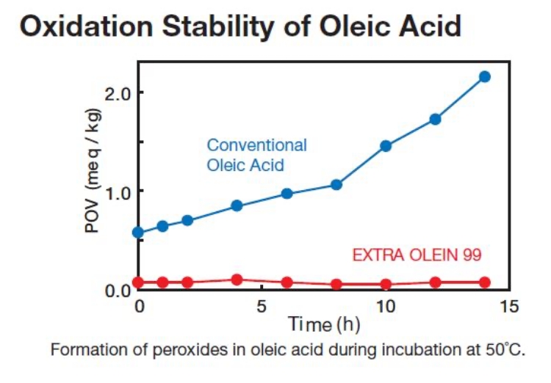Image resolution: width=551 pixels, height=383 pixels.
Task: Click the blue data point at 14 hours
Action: [484, 76]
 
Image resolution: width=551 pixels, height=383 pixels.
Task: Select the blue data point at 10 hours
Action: [386, 145]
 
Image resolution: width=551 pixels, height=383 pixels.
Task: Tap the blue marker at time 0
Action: [138, 233]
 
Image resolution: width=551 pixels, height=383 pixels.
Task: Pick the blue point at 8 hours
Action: [336, 185]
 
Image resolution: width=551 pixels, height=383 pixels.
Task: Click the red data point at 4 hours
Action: [237, 280]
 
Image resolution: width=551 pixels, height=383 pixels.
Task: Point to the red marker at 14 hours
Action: [484, 282]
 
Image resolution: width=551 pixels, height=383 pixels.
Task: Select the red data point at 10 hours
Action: [386, 284]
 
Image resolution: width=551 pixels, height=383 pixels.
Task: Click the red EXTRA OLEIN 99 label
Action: [417, 255]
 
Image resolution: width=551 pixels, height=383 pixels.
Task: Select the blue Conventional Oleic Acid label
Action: [256, 155]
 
